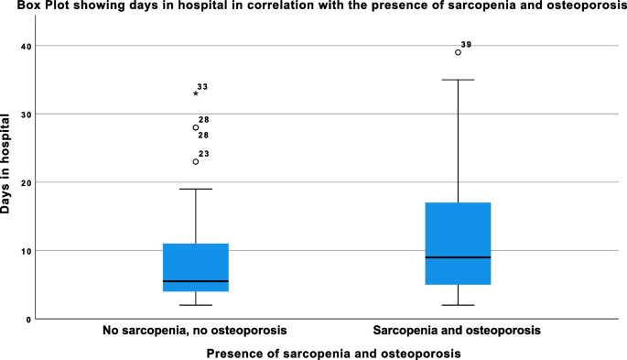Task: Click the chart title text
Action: point(313,8)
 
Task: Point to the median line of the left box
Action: point(196,281)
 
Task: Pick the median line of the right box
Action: point(457,257)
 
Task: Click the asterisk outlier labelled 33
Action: point(196,93)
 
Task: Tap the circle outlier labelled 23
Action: point(196,162)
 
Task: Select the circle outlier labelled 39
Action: point(458,52)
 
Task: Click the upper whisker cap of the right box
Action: point(457,80)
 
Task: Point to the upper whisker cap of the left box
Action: point(196,189)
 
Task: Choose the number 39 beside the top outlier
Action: point(467,45)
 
